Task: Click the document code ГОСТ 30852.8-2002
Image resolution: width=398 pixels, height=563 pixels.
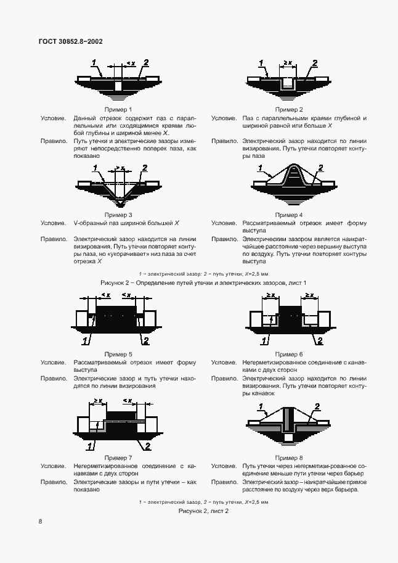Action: pyautogui.click(x=70, y=41)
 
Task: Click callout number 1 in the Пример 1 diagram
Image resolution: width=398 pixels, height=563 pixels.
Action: pyautogui.click(x=94, y=62)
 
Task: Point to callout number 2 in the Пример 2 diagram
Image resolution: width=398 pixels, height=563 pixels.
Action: pyautogui.click(x=314, y=63)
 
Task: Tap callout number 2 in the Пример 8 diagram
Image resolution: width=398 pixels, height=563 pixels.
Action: pyautogui.click(x=317, y=406)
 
